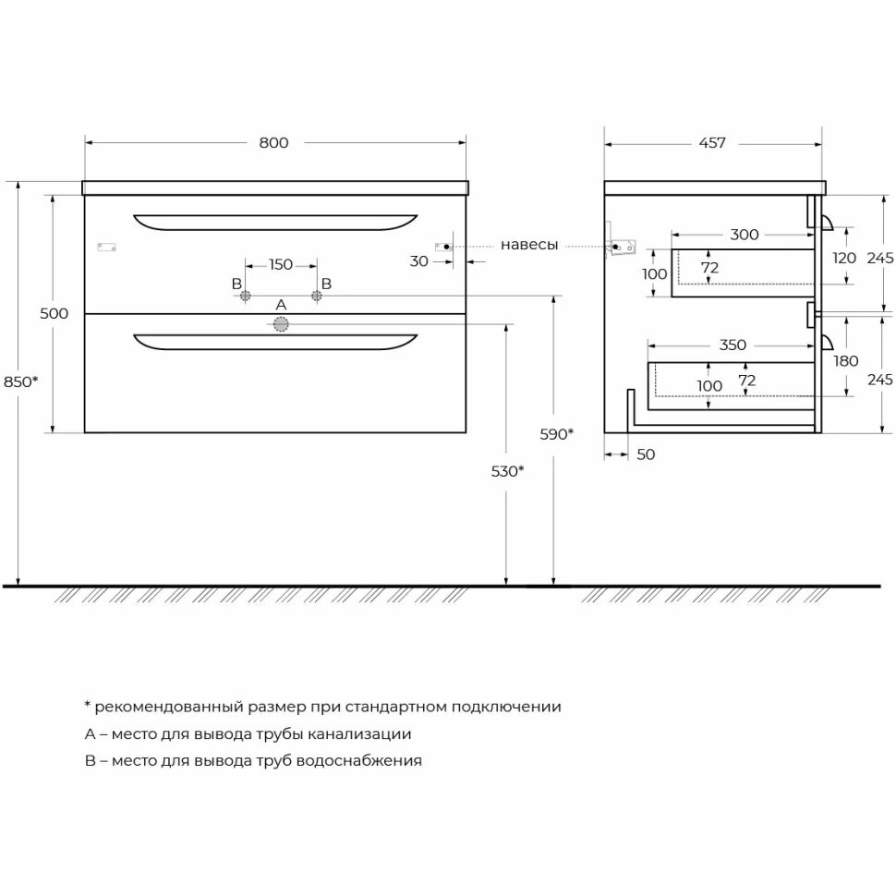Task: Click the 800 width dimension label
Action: pyautogui.click(x=273, y=142)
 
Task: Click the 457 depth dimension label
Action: pyautogui.click(x=712, y=142)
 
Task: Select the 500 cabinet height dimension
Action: pyautogui.click(x=54, y=313)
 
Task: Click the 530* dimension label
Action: pyautogui.click(x=508, y=471)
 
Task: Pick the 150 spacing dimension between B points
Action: pyautogui.click(x=281, y=264)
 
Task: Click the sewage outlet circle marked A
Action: pyautogui.click(x=281, y=323)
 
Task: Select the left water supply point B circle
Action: pyautogui.click(x=245, y=296)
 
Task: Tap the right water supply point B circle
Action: pyautogui.click(x=317, y=296)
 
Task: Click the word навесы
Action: pyautogui.click(x=529, y=245)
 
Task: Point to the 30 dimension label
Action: pyautogui.click(x=419, y=261)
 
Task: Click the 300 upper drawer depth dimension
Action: pyautogui.click(x=744, y=235)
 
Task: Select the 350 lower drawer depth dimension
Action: pyautogui.click(x=732, y=345)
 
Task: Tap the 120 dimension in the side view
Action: pyautogui.click(x=844, y=259)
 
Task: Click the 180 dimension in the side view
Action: pyautogui.click(x=846, y=361)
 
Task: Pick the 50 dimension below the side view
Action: pyautogui.click(x=646, y=454)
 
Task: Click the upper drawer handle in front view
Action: pyautogui.click(x=275, y=222)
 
